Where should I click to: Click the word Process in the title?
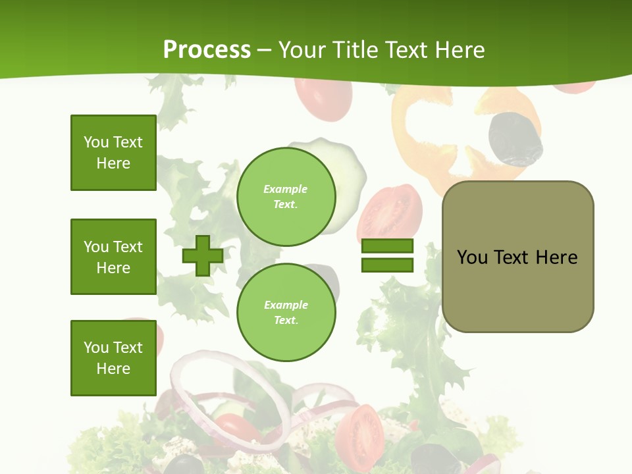point(207,50)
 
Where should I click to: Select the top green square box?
point(113,153)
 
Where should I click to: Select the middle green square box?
point(113,257)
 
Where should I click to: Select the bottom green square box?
point(113,358)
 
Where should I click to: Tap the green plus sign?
point(203,255)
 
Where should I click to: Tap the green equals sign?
point(387,255)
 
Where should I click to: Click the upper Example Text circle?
point(286,197)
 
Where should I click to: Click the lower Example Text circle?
point(286,313)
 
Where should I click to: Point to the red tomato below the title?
point(323,99)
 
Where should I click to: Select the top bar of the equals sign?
point(387,246)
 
